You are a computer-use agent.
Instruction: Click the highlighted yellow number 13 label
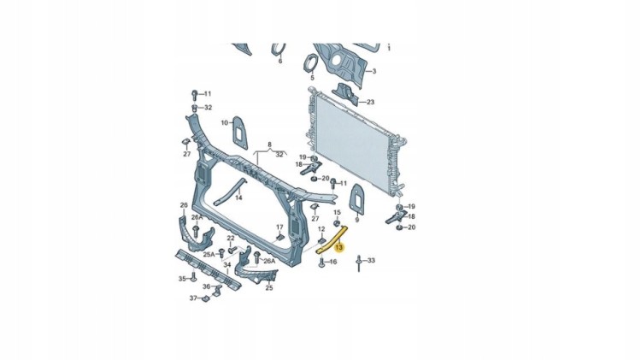click(339, 247)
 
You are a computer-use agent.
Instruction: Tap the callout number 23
click(370, 102)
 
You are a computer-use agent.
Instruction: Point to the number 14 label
click(238, 198)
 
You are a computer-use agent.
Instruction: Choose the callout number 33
click(371, 260)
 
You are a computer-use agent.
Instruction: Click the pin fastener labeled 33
click(359, 263)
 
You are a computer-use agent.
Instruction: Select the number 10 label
click(225, 123)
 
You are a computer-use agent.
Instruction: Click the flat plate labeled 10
click(240, 133)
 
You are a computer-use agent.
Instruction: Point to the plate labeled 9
click(357, 199)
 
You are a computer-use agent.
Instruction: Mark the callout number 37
click(193, 298)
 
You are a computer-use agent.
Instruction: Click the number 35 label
click(182, 279)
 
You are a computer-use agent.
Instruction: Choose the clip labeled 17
click(280, 237)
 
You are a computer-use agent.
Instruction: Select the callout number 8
click(270, 145)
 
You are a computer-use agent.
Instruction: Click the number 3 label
click(373, 71)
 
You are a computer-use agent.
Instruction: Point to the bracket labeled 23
click(344, 95)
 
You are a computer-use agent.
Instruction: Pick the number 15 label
click(338, 212)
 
